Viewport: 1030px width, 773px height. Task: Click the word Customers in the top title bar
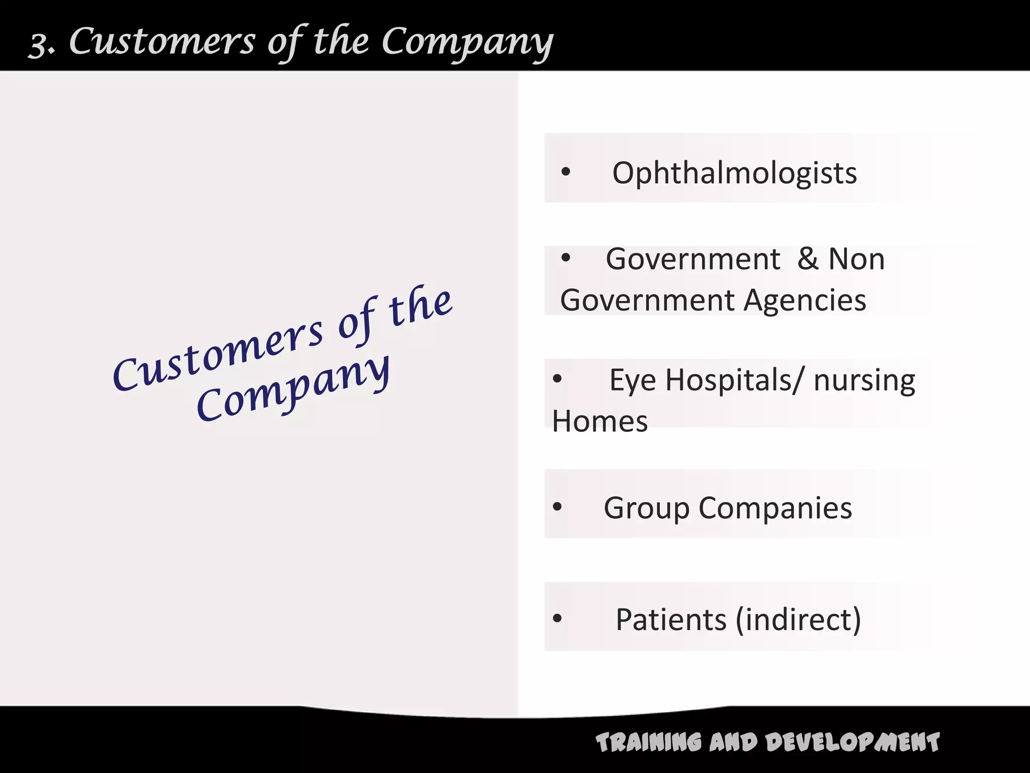(162, 41)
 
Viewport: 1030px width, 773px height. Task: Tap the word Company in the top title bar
(467, 43)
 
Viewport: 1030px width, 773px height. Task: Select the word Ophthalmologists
(734, 173)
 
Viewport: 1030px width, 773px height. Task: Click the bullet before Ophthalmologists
(566, 172)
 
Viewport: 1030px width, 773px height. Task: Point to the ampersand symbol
(808, 259)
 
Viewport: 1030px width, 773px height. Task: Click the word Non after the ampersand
(856, 259)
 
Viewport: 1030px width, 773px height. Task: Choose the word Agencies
(805, 301)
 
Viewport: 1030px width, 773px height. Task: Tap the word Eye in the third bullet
(632, 380)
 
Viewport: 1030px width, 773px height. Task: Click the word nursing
(864, 381)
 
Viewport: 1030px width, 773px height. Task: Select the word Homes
(599, 421)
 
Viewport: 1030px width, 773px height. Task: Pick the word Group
(646, 508)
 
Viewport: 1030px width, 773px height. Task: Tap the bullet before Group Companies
(557, 506)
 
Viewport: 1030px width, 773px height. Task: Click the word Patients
(671, 620)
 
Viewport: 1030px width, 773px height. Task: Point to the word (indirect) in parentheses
(798, 620)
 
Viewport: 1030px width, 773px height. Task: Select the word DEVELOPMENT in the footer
(852, 743)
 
